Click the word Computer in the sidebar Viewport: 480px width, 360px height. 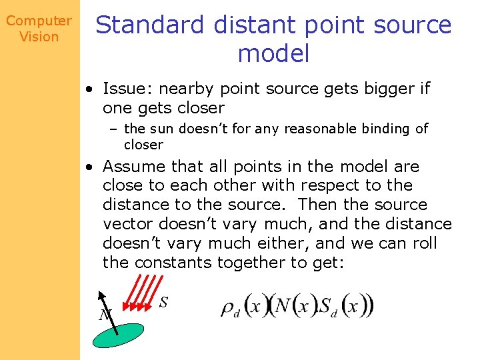tap(39, 21)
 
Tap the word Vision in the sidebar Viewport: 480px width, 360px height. tap(39, 37)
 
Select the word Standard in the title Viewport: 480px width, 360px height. tap(150, 25)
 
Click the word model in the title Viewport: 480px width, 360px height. tap(273, 53)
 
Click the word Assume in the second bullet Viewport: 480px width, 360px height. tap(135, 166)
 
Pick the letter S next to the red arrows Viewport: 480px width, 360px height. tap(163, 302)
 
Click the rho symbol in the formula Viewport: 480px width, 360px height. tap(229, 308)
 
